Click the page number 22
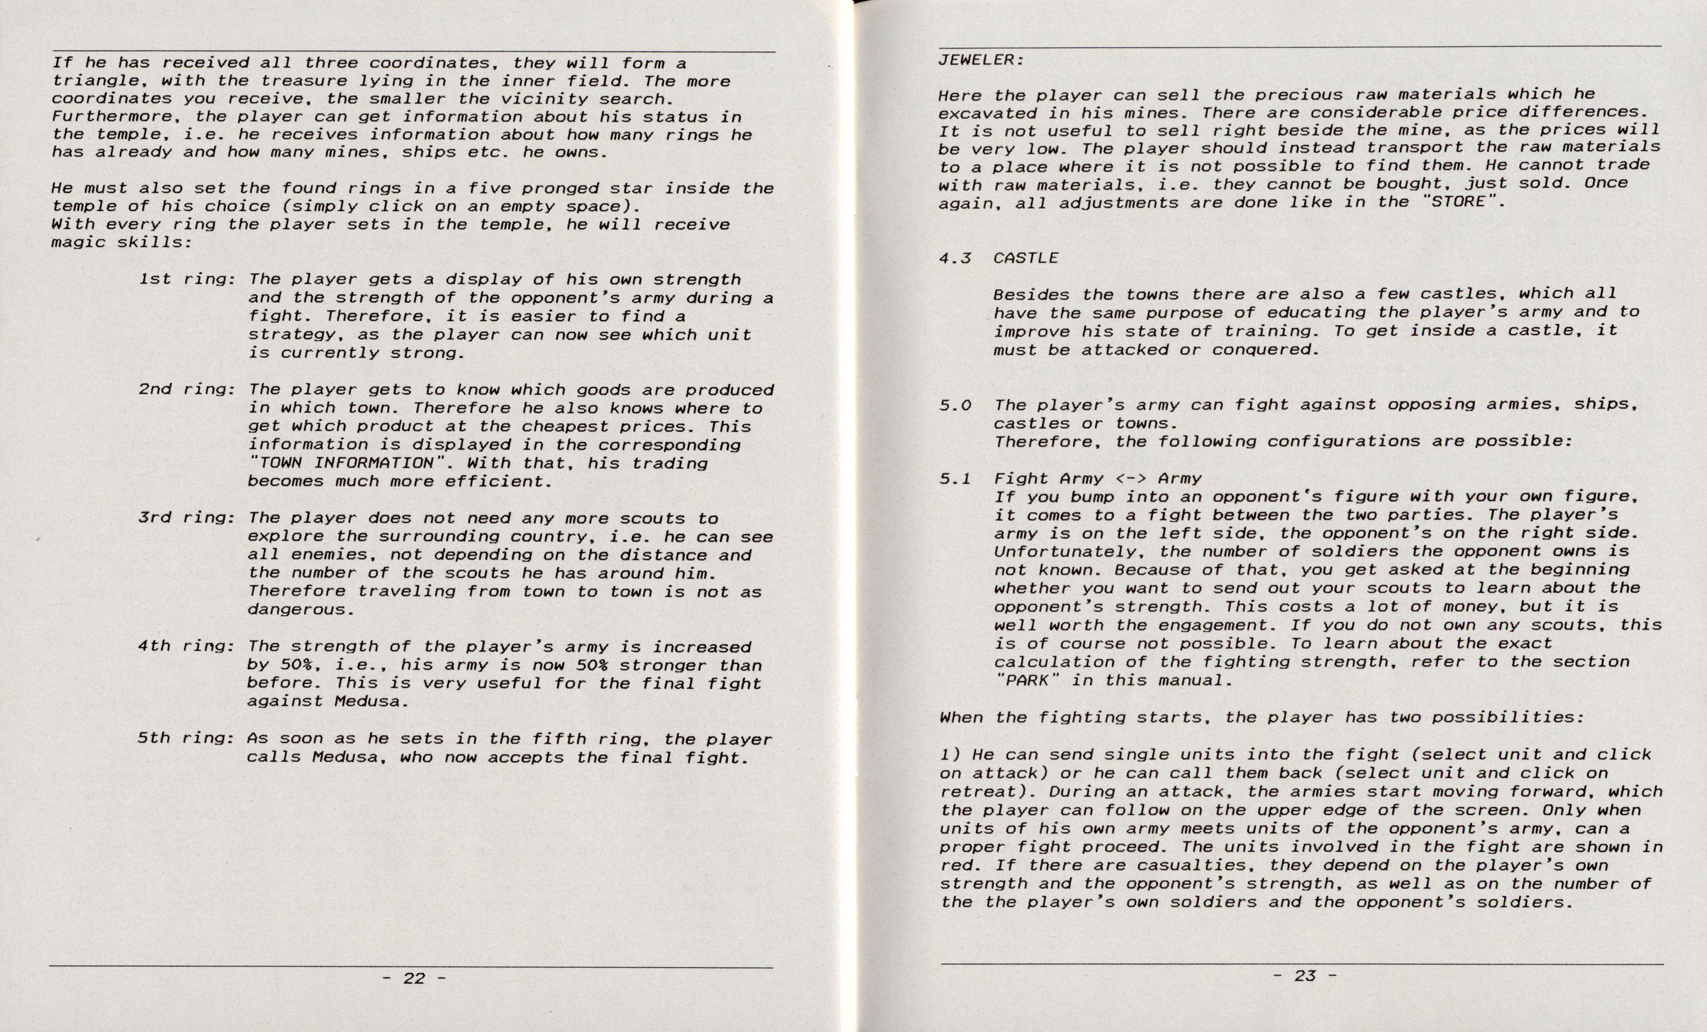tap(414, 978)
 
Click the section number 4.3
tap(955, 258)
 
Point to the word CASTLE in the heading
tap(1025, 258)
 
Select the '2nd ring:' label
tap(187, 389)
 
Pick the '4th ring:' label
tap(187, 646)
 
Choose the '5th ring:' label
tap(187, 738)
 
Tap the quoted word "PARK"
tap(1027, 680)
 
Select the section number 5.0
tap(955, 405)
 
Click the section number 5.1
tap(955, 479)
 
